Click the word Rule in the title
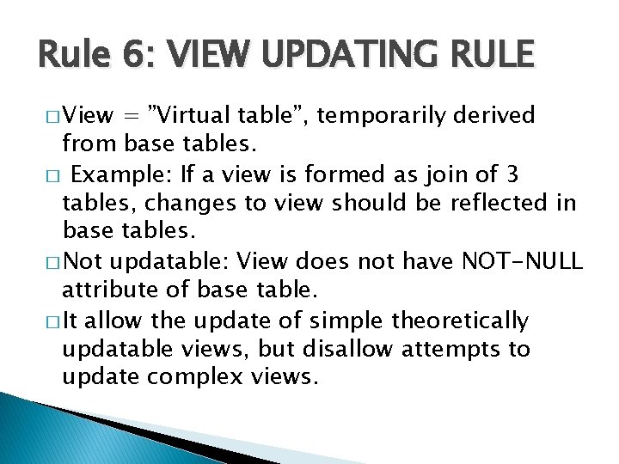[x=69, y=57]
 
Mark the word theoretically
[x=460, y=321]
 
